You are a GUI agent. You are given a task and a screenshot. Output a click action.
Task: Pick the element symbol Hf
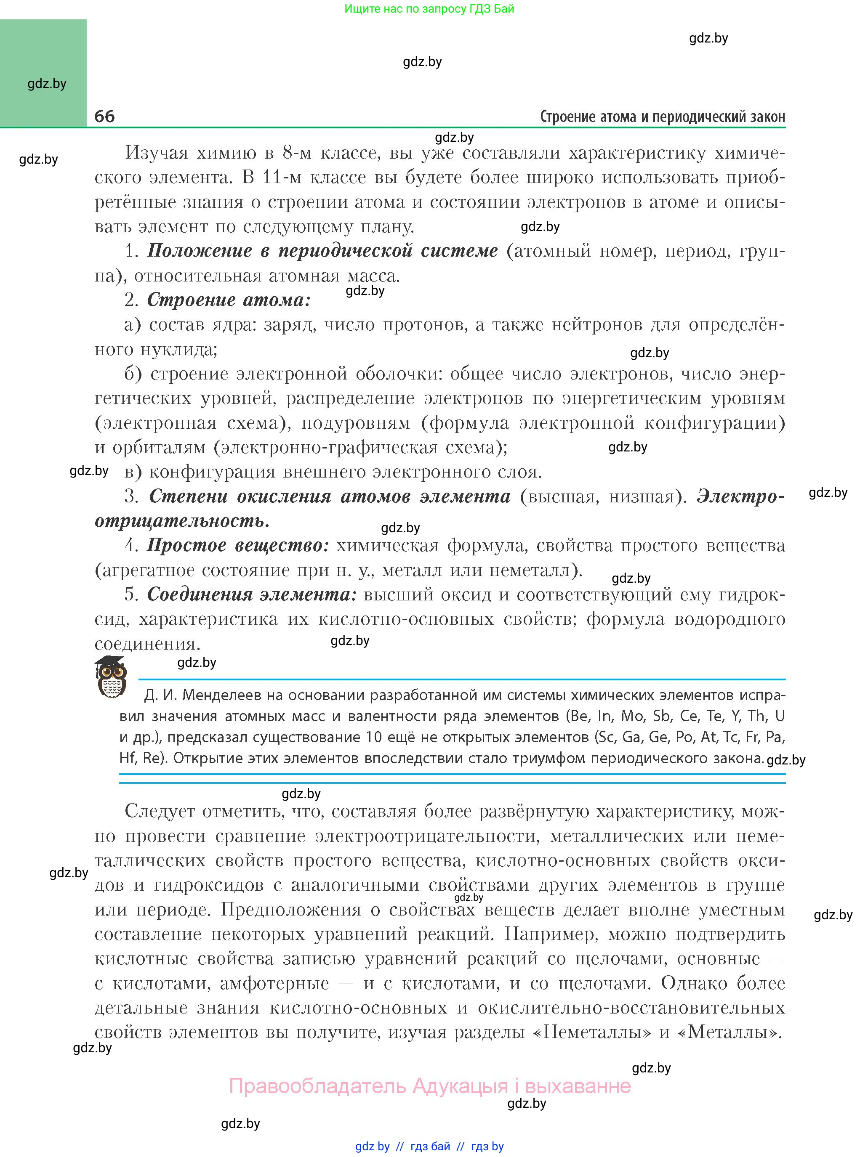(127, 758)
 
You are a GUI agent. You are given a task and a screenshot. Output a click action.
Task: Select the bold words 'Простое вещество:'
(238, 545)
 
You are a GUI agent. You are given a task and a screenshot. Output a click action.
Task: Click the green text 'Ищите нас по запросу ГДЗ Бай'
(429, 9)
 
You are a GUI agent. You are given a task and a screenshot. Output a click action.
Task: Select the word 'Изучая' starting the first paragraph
(156, 153)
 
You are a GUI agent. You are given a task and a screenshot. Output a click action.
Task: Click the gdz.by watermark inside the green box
(47, 84)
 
